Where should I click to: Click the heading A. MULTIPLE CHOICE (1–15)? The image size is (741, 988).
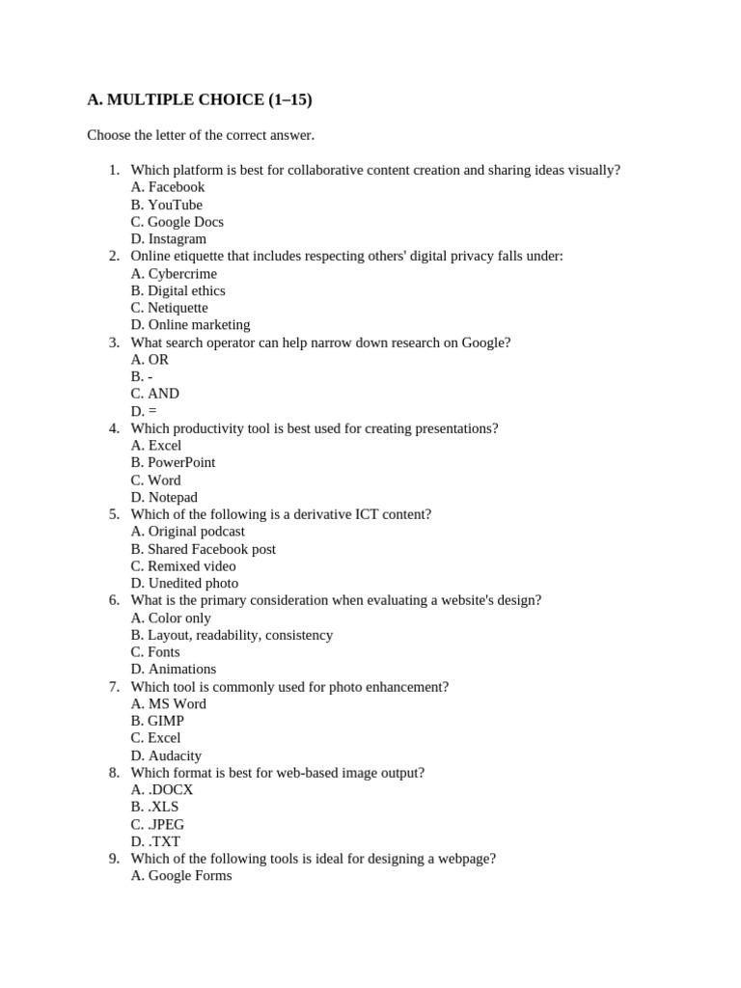[x=200, y=99]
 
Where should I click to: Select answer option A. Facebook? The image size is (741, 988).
[x=168, y=187]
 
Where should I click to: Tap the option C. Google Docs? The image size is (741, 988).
[x=178, y=222]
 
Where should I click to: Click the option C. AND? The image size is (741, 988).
[x=154, y=394]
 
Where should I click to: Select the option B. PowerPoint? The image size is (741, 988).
[x=173, y=462]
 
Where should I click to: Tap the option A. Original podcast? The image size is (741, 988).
[x=188, y=532]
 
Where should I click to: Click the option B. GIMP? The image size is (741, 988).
[x=157, y=721]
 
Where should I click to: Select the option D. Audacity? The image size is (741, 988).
[x=166, y=755]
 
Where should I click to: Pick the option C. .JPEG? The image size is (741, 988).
[x=157, y=825]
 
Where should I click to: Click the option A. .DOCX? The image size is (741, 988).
[x=162, y=790]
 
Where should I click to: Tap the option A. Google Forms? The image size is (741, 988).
[x=181, y=876]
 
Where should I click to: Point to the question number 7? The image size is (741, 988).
[x=114, y=687]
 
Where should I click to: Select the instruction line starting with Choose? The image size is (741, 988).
[x=201, y=135]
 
